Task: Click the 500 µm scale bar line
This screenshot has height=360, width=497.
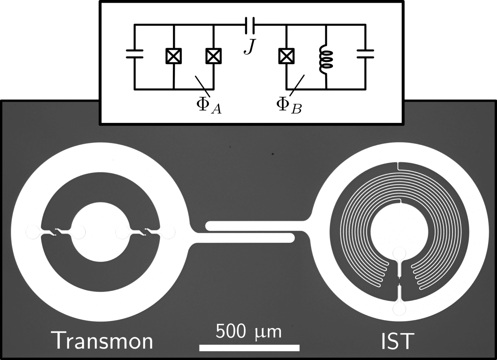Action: pyautogui.click(x=249, y=348)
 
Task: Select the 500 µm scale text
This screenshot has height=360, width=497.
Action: pyautogui.click(x=248, y=332)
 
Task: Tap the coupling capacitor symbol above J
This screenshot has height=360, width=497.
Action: pyautogui.click(x=250, y=25)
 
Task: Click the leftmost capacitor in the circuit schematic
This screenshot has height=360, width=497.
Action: pyautogui.click(x=134, y=54)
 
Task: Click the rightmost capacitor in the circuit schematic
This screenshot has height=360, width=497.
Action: pyautogui.click(x=365, y=54)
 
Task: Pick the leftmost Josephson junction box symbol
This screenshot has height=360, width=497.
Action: pyautogui.click(x=174, y=56)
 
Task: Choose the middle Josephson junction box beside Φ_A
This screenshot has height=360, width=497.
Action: pyautogui.click(x=214, y=56)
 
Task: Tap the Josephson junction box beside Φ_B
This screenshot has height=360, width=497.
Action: pyautogui.click(x=286, y=56)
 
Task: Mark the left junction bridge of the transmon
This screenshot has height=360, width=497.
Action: pyautogui.click(x=56, y=232)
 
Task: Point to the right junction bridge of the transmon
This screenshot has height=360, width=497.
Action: pyautogui.click(x=145, y=232)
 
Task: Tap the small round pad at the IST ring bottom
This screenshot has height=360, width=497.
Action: pyautogui.click(x=399, y=309)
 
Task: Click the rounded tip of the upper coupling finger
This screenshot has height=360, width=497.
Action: pyautogui.click(x=209, y=226)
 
